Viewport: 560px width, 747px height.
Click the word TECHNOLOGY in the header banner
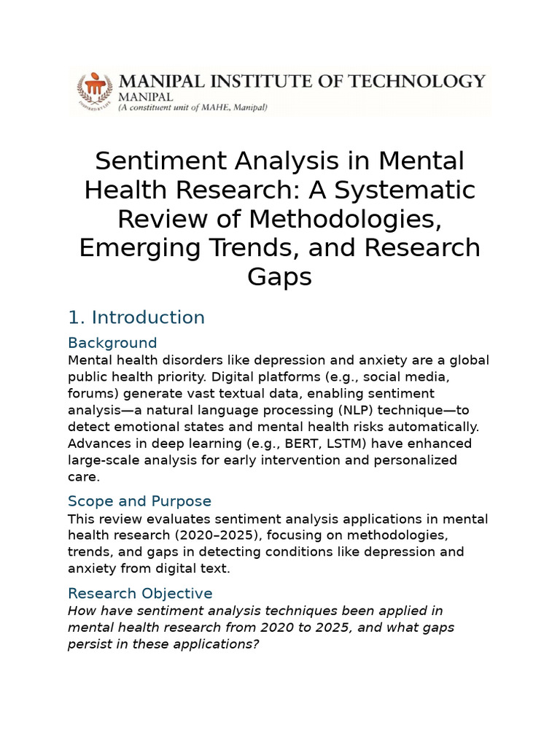coord(413,81)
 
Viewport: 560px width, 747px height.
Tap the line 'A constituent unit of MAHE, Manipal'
coord(192,107)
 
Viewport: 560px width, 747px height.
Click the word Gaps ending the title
coord(279,276)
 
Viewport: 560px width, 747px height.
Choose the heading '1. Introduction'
coord(136,317)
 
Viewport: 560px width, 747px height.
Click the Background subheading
coord(112,343)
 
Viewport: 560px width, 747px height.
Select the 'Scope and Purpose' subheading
coord(139,501)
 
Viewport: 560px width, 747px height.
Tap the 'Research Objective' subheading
coord(140,593)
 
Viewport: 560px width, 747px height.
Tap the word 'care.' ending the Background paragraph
coord(83,476)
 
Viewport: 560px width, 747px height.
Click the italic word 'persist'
coord(90,643)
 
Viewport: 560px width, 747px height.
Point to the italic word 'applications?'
coord(212,643)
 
